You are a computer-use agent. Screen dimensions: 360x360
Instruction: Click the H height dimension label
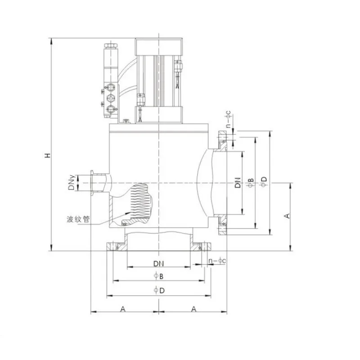(47, 155)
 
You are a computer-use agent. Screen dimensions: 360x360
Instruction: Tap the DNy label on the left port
(72, 183)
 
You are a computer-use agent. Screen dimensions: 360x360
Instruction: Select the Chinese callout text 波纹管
(78, 219)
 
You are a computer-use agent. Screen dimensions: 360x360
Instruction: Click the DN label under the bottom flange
(159, 264)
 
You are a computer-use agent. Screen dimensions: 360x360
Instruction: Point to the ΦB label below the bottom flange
(159, 276)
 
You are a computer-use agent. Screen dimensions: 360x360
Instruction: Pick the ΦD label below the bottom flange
(159, 290)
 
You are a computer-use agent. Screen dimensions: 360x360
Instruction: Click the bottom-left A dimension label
(123, 309)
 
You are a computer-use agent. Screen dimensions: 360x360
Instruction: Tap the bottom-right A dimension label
(194, 309)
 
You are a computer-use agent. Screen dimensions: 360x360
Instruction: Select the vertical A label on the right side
(287, 216)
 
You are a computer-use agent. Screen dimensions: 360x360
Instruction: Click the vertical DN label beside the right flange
(238, 183)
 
